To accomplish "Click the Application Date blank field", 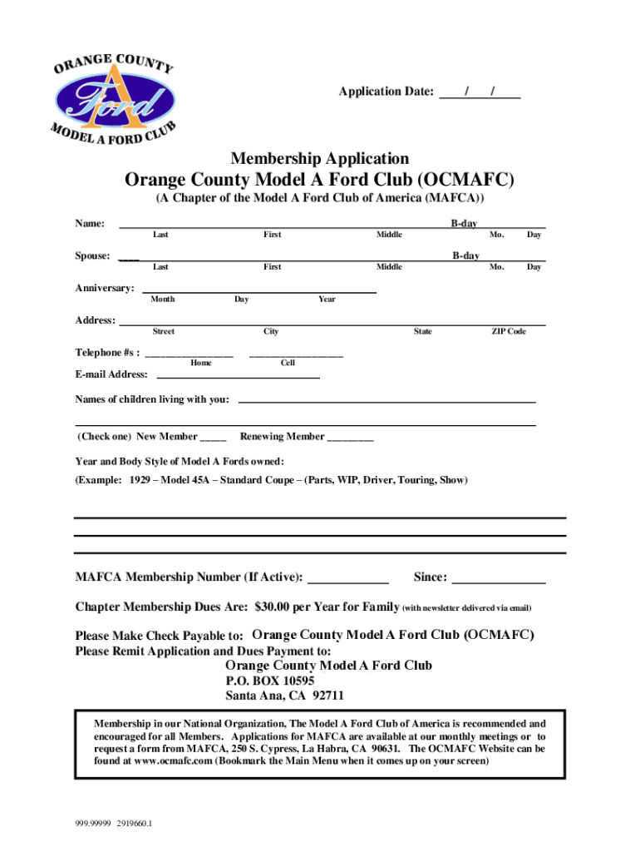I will click(480, 92).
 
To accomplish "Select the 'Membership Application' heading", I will click(319, 158).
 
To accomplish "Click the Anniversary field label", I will click(105, 288).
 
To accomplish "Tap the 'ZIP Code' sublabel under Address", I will click(509, 332).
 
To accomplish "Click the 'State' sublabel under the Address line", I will click(423, 332).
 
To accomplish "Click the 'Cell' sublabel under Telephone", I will click(288, 363).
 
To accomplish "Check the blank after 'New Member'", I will click(213, 437).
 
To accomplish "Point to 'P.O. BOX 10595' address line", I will click(269, 681).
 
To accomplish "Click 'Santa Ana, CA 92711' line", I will click(284, 696).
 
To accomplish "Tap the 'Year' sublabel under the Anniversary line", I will click(327, 300).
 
